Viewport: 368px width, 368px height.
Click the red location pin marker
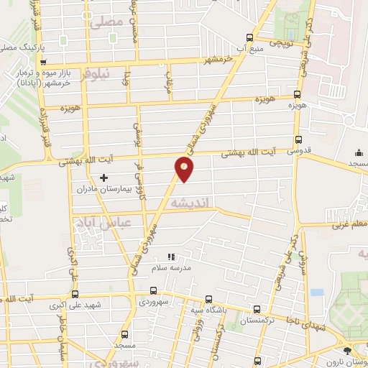point(184,168)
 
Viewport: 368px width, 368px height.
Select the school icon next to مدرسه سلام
point(171,256)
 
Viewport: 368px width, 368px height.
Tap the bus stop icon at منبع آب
point(249,38)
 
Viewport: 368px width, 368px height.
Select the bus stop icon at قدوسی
point(298,142)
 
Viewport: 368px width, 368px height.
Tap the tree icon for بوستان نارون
point(349,350)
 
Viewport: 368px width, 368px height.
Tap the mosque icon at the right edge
point(359,152)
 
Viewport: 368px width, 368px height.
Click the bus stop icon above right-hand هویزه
point(297,95)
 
